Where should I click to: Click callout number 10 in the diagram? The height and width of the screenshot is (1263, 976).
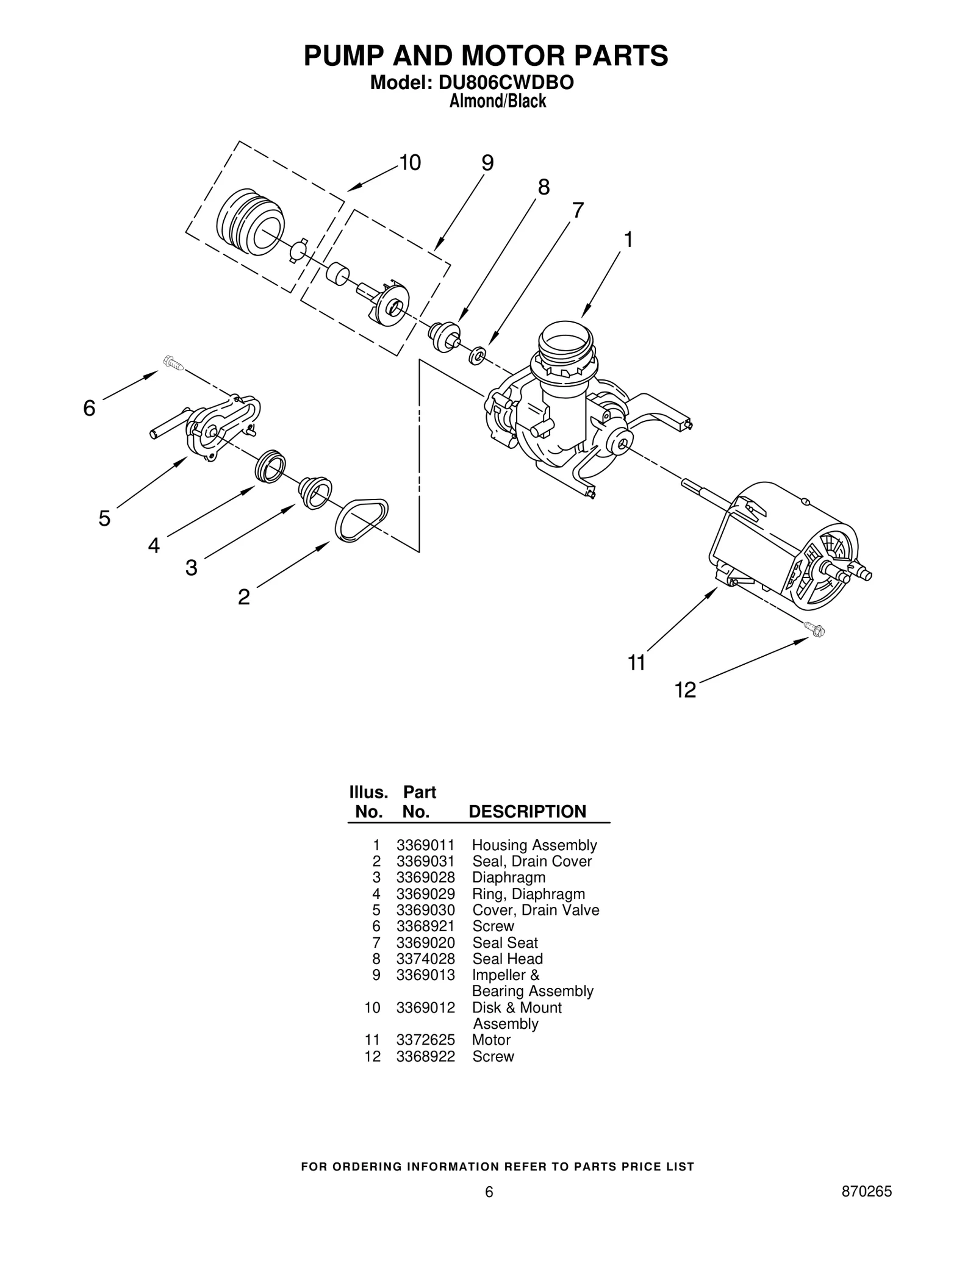(x=410, y=163)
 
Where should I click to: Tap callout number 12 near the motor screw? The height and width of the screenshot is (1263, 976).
(x=685, y=690)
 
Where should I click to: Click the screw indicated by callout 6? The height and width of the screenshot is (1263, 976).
(x=173, y=363)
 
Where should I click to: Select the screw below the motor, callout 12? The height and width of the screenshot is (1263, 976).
(x=814, y=629)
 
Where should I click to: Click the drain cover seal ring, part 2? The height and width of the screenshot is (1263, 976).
(x=361, y=520)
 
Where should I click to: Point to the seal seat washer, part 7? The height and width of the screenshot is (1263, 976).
(x=477, y=355)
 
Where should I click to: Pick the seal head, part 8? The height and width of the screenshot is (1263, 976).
(x=445, y=336)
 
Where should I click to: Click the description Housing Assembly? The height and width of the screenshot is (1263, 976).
(x=534, y=845)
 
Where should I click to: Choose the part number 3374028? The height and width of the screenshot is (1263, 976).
(x=425, y=959)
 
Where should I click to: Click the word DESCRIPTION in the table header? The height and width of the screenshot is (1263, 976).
(x=527, y=812)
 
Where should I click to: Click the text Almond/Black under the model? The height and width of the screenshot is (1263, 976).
(x=497, y=101)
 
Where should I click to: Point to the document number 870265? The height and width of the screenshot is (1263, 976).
(x=866, y=1209)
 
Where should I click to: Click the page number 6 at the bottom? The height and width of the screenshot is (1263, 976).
(x=489, y=1209)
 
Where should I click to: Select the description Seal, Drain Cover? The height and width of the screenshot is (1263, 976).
(x=532, y=861)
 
